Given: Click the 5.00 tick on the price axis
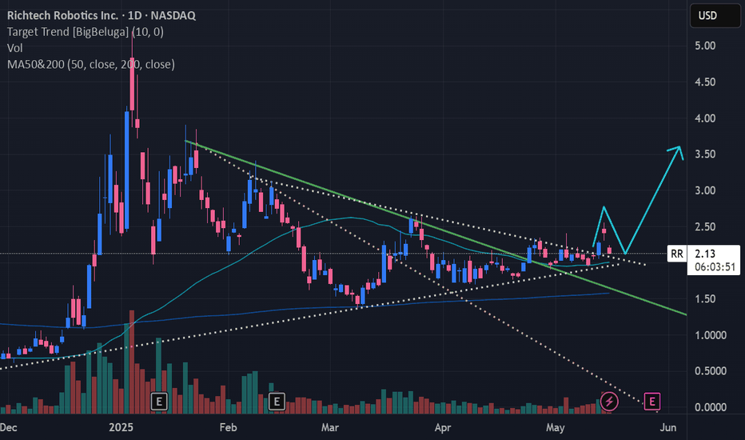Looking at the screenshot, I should pos(704,46).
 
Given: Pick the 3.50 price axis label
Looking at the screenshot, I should pos(704,154).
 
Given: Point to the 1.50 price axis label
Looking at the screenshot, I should pos(704,299).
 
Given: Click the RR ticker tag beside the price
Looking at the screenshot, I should pos(677,254).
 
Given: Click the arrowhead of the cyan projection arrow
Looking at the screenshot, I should pos(678,150).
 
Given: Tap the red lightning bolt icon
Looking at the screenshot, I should pos(610,400).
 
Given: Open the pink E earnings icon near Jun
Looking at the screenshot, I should pos(651,400).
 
